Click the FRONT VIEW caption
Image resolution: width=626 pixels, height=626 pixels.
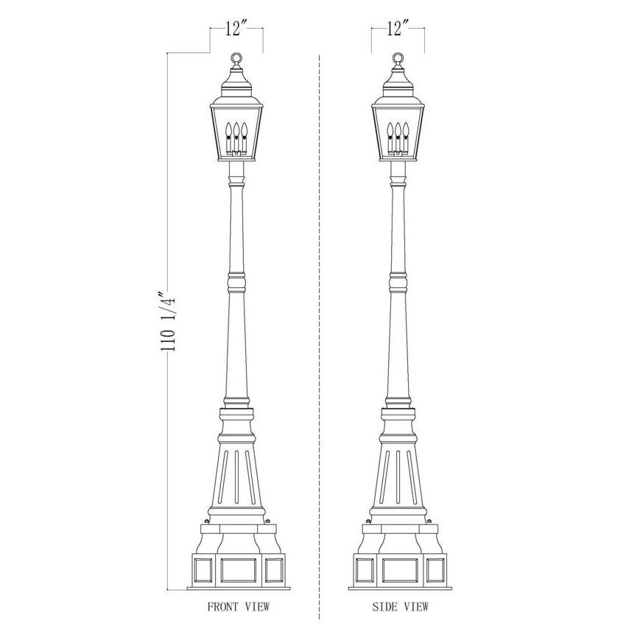(239, 607)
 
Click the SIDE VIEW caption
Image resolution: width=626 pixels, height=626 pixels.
(401, 607)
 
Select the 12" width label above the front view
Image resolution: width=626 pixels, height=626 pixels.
(236, 28)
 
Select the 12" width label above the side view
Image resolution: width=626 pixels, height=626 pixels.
(397, 28)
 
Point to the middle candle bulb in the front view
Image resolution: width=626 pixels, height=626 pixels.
(236, 130)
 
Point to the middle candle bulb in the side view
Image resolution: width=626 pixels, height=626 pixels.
(398, 130)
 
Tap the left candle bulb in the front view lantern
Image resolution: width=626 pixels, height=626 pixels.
(229, 130)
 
